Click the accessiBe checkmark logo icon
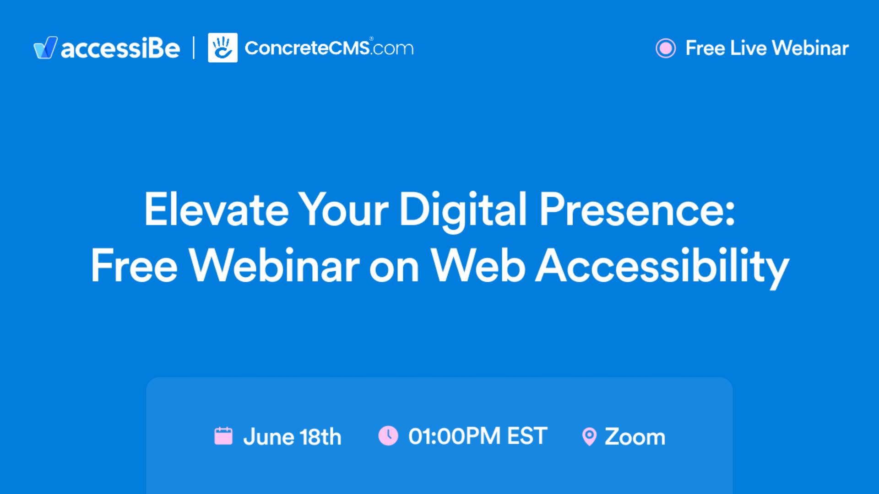[x=45, y=48]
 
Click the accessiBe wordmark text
[x=120, y=48]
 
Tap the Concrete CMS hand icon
[x=222, y=48]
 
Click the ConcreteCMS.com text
[x=329, y=48]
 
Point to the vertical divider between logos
[x=194, y=48]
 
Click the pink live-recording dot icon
[x=665, y=48]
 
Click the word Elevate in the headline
[x=216, y=209]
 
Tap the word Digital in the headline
[x=463, y=209]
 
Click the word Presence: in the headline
[x=637, y=209]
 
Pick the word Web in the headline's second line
[x=478, y=266]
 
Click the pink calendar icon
[x=223, y=435]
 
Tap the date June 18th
[x=292, y=437]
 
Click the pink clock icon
[x=388, y=435]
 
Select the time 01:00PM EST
[x=477, y=436]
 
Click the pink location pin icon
[x=589, y=436]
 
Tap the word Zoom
[x=635, y=437]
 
